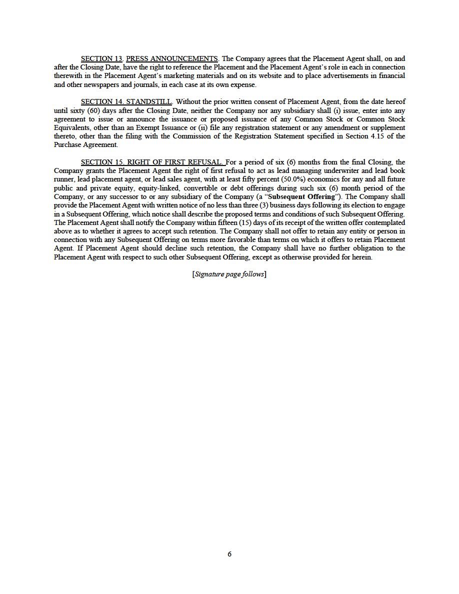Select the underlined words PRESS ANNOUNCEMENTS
pyautogui.click(x=171, y=58)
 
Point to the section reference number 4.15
pyautogui.click(x=364, y=136)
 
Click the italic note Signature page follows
pyautogui.click(x=229, y=274)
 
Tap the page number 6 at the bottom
pyautogui.click(x=229, y=554)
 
